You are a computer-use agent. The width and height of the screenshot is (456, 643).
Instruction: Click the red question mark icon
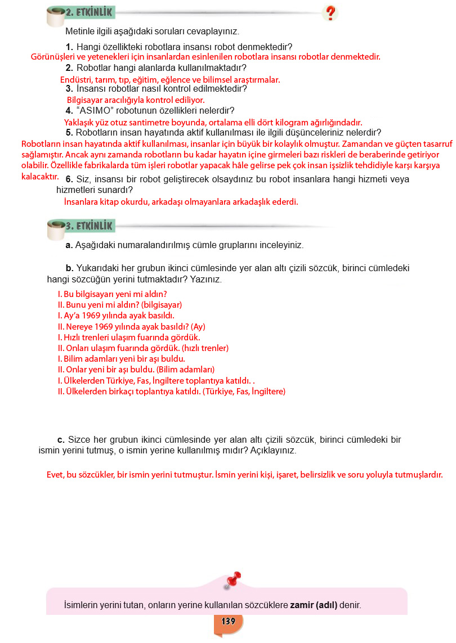(330, 13)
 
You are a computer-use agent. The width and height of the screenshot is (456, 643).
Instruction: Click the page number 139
(229, 622)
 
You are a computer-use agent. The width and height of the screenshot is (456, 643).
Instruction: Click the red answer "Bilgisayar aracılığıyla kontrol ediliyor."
(136, 100)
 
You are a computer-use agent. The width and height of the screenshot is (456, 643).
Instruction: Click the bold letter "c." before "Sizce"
(62, 439)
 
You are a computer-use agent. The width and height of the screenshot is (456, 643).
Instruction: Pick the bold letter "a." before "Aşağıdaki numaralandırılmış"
(70, 245)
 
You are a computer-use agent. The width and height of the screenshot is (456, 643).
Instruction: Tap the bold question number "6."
(70, 179)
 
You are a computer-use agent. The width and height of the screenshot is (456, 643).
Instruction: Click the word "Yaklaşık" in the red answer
(81, 123)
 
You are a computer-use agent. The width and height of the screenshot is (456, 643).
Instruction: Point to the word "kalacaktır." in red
(40, 177)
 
